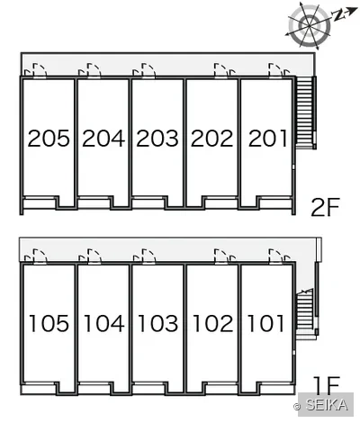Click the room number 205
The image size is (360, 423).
click(49, 139)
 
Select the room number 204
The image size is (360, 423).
click(103, 139)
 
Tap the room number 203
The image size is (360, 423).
click(157, 139)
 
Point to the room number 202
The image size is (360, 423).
click(211, 139)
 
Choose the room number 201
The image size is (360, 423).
click(267, 139)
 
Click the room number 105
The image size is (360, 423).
click(49, 323)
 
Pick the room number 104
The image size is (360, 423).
click(103, 323)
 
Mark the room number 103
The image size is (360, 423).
click(158, 323)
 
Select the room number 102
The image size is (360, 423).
click(213, 323)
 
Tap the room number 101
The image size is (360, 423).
click(265, 323)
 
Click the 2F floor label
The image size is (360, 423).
click(325, 208)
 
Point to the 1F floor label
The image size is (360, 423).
click(327, 386)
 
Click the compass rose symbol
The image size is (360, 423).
click(309, 25)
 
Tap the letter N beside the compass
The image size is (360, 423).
click(338, 15)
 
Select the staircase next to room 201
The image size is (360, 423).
click(305, 112)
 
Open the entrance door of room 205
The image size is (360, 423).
click(40, 71)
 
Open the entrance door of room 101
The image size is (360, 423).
click(276, 256)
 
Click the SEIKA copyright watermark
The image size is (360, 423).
click(323, 405)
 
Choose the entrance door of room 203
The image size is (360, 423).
click(148, 71)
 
